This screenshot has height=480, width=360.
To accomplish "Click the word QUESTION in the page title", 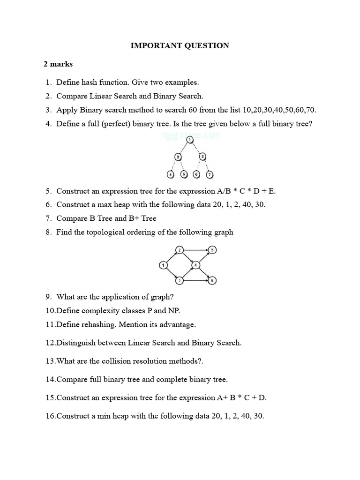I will [x=206, y=45].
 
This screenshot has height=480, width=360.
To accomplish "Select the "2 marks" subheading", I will [x=58, y=64].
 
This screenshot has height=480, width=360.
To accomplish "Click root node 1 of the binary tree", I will [x=189, y=140].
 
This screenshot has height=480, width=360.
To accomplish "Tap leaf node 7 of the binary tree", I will [x=210, y=174].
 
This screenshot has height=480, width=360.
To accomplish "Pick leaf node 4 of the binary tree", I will [x=171, y=174].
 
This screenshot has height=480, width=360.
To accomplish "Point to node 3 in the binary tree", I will [x=202, y=157].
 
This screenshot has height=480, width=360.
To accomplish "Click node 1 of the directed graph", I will [x=163, y=265].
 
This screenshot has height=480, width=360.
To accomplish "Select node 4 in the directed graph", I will [x=195, y=265].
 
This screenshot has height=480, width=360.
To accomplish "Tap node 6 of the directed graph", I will [x=212, y=280].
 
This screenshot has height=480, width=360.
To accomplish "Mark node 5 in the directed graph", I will [x=212, y=250].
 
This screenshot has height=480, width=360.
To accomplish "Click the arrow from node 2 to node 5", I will [x=195, y=250].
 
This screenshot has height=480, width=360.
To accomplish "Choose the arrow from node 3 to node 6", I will [x=195, y=280].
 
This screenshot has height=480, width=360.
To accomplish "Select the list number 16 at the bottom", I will [x=50, y=416].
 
